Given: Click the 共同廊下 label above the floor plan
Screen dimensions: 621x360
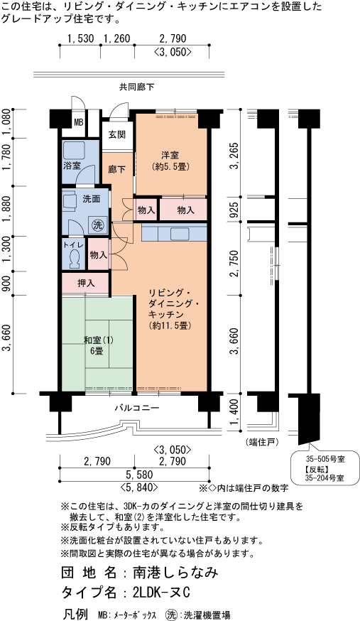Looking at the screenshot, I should [137, 87].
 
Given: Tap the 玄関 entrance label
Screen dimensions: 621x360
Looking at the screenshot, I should [116, 134].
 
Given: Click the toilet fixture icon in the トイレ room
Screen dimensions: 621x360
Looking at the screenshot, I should [75, 258].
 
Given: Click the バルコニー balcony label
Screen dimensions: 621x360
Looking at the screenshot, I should [137, 408].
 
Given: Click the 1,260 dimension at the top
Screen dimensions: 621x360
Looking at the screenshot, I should [116, 38].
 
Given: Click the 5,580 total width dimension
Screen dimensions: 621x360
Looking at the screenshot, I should [137, 474].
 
